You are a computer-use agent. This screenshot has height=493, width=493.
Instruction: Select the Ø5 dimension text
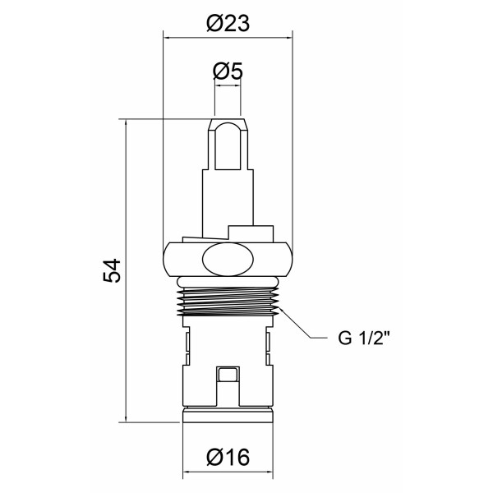click(x=227, y=72)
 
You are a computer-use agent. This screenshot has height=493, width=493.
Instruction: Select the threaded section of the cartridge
click(x=227, y=301)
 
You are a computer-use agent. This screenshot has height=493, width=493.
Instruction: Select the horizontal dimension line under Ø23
click(x=227, y=36)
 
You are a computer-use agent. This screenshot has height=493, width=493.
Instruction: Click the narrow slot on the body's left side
click(x=187, y=344)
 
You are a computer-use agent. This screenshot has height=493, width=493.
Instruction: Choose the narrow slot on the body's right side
click(x=267, y=344)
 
